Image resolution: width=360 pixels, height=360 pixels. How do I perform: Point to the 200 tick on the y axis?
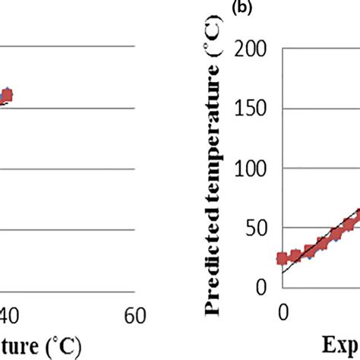pos(254,49)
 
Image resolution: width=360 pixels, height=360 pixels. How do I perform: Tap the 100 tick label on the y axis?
pos(254,168)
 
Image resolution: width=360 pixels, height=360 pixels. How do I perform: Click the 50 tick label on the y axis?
pos(261,227)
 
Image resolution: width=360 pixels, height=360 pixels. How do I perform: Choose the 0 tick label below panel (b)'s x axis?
pos(283,312)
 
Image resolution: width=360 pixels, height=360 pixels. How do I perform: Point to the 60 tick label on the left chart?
pos(134,314)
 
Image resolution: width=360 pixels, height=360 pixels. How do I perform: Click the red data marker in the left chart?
pos(7,96)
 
